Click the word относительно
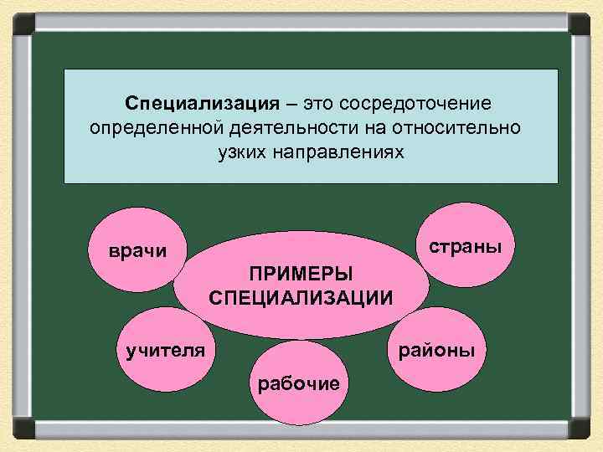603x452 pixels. coord(459,128)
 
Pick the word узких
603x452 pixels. coord(226,153)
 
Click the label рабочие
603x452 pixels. coord(299,383)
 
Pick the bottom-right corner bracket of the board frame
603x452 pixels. coord(580,429)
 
